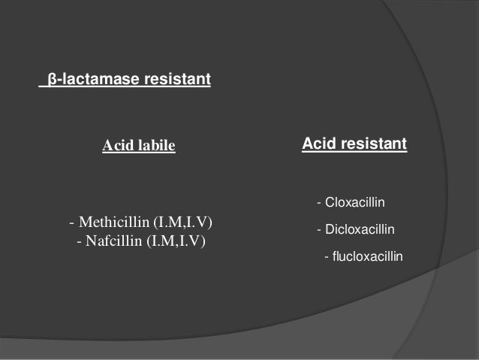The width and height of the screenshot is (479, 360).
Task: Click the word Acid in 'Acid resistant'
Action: pos(318,142)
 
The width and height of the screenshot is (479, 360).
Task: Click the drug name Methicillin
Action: pos(114,223)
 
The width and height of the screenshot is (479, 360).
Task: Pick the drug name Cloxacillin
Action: pos(354,203)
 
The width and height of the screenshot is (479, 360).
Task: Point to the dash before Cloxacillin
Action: pos(319,203)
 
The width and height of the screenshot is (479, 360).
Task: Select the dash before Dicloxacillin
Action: pos(319,229)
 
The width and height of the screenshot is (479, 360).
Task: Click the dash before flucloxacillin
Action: pos(326,256)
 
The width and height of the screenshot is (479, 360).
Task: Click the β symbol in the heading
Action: pos(51,78)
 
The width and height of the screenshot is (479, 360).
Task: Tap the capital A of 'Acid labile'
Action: pos(107,145)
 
